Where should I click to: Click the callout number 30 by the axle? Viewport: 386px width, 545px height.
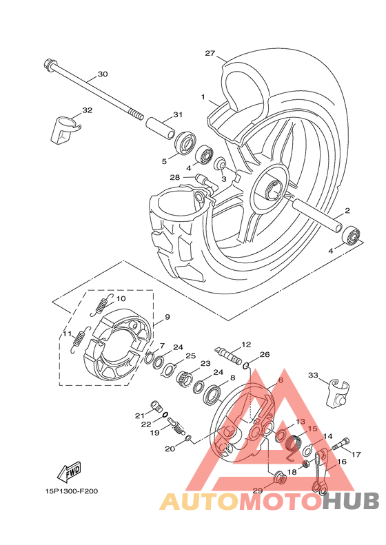103,74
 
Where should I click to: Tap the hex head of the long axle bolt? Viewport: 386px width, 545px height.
49,65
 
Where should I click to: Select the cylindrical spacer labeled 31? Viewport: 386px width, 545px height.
160,129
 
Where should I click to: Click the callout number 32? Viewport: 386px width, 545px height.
88,110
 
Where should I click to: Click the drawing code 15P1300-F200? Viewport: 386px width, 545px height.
72,491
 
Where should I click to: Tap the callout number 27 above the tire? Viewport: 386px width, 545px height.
210,53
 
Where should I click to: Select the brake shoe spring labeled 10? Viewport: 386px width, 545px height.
102,305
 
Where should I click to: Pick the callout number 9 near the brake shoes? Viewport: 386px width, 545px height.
167,317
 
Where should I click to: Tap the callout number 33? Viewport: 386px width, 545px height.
313,376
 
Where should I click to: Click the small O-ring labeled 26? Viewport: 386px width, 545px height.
246,366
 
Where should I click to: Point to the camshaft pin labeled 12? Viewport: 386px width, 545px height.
228,355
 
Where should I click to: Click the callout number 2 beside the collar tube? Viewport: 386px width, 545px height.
347,210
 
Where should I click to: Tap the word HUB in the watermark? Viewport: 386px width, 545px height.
351,500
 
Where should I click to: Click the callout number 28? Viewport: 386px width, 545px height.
175,178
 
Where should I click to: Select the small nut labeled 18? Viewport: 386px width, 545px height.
306,464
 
